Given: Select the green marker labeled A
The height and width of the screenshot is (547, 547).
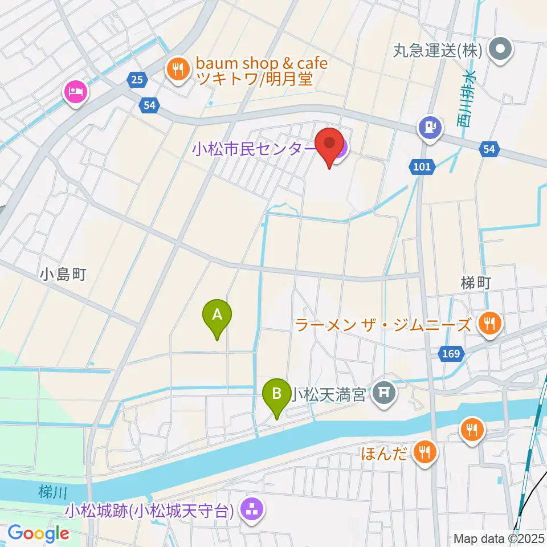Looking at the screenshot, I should coord(217,317).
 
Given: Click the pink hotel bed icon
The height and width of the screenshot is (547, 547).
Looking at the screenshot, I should coord(76,91).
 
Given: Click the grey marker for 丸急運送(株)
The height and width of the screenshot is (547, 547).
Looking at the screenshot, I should coord(501,51).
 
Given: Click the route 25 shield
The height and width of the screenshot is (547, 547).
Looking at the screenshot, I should coord(136,80).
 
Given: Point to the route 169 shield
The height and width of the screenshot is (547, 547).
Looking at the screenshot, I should coord(450,354).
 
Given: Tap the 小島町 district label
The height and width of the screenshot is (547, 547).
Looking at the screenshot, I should coord(63,275).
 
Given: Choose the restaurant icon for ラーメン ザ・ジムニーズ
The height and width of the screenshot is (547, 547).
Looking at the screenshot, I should coord(488,325).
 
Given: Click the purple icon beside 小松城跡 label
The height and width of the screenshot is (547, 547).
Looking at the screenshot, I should coord(251,508).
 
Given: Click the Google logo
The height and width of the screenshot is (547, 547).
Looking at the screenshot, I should coord(39,534).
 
